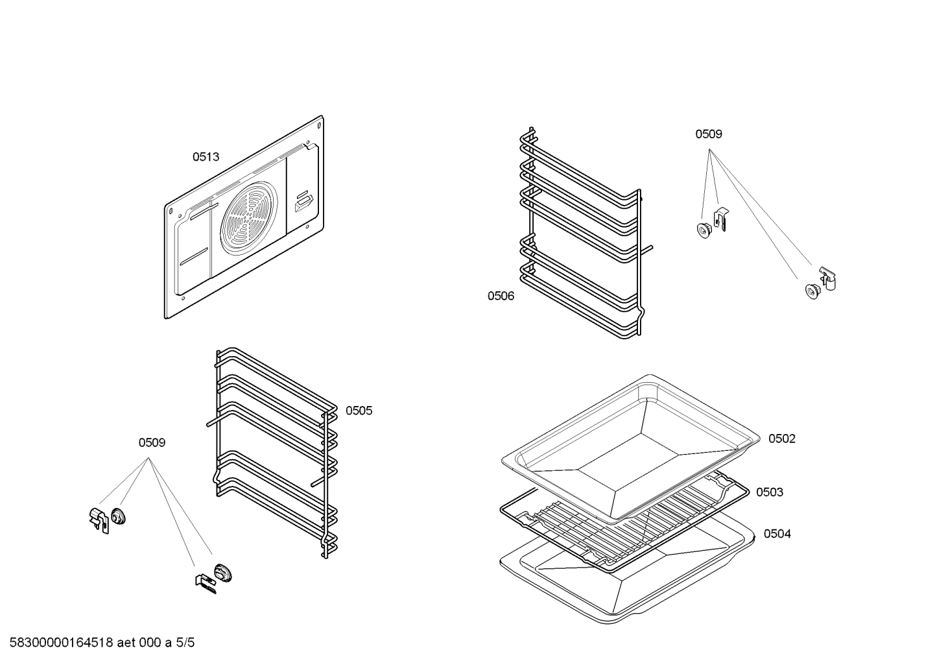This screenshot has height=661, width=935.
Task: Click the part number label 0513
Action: pyautogui.click(x=206, y=157)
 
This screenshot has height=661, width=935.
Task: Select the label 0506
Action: pyautogui.click(x=501, y=296)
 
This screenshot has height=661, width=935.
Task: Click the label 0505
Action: pyautogui.click(x=359, y=411)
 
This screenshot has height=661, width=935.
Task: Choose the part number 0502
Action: pyautogui.click(x=781, y=439)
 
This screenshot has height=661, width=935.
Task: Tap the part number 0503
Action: pyautogui.click(x=769, y=492)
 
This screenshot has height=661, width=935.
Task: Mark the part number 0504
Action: pyautogui.click(x=777, y=534)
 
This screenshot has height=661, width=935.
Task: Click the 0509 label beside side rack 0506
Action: pyautogui.click(x=708, y=134)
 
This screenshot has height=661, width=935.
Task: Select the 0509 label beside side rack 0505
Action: pyautogui.click(x=152, y=443)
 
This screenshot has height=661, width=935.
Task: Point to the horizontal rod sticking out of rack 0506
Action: pyautogui.click(x=647, y=247)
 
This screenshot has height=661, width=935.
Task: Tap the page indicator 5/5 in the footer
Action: pyautogui.click(x=185, y=643)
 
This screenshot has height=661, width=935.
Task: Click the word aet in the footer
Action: pyautogui.click(x=127, y=643)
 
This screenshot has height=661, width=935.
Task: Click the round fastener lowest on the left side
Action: pyautogui.click(x=224, y=573)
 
